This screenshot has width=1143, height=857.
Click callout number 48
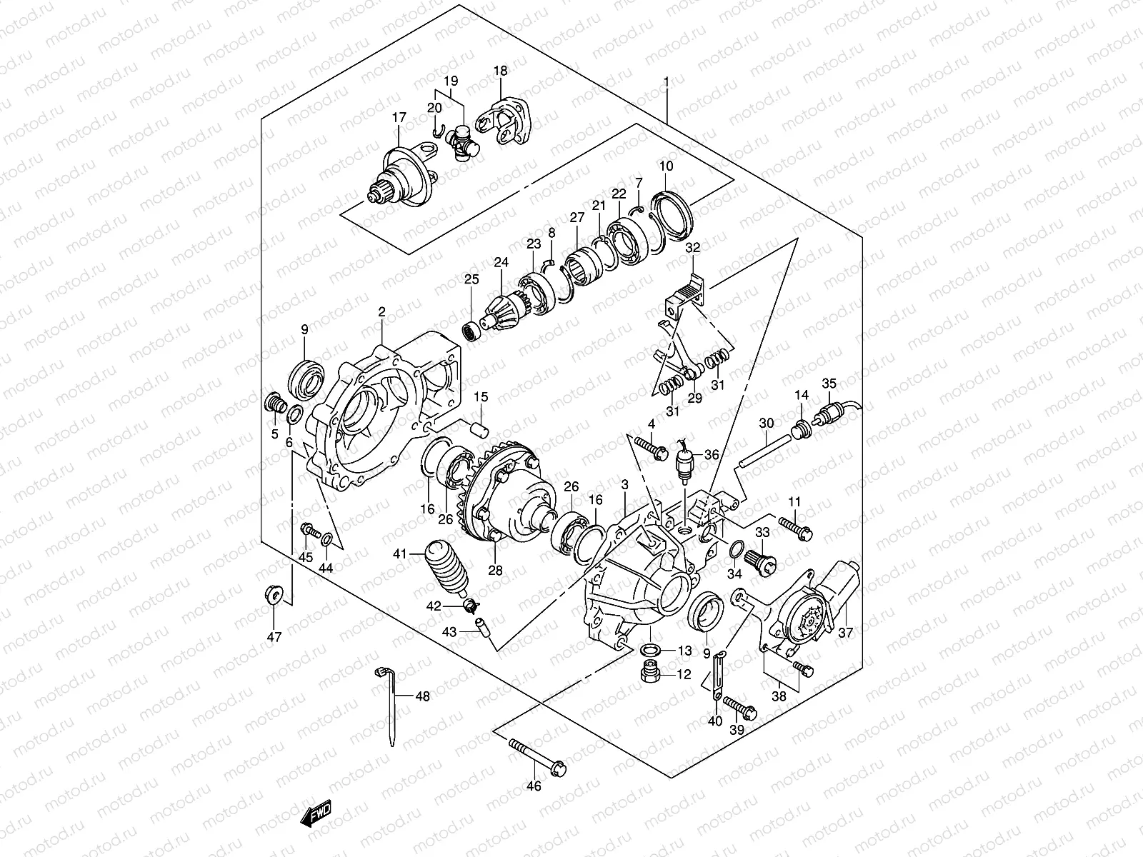click(x=422, y=696)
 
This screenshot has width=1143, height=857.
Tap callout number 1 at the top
click(x=666, y=82)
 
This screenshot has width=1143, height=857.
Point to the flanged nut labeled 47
click(x=275, y=594)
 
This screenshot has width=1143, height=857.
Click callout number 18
click(x=500, y=71)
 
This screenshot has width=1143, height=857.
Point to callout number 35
click(x=829, y=383)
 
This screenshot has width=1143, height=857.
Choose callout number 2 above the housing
click(x=381, y=312)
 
